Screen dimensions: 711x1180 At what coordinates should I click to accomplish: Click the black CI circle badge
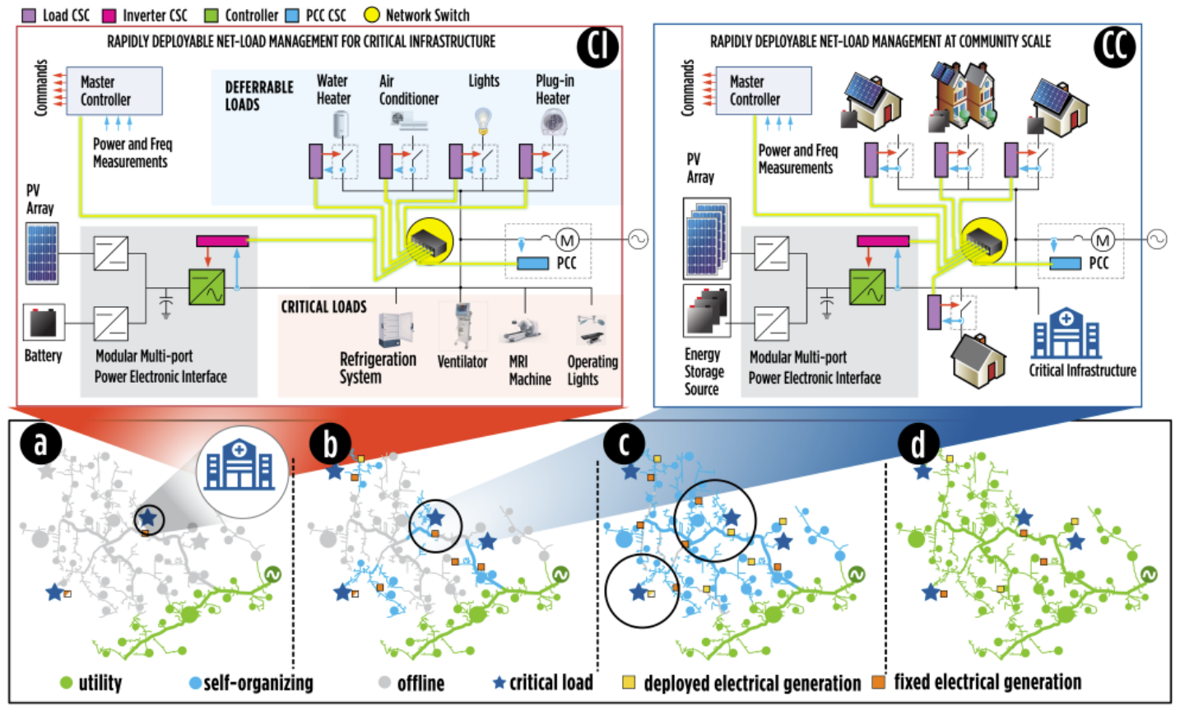[597, 48]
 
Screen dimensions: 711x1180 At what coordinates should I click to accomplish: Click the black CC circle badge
[1115, 48]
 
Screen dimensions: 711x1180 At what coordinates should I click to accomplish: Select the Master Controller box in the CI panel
[114, 91]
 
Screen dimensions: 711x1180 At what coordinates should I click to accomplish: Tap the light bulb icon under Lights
[484, 121]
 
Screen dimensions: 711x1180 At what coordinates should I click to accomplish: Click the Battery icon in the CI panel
[44, 324]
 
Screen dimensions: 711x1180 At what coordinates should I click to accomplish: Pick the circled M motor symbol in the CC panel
[1103, 240]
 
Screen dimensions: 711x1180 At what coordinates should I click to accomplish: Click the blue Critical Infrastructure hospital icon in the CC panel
[1066, 332]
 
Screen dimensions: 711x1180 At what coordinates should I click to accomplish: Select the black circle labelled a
[41, 444]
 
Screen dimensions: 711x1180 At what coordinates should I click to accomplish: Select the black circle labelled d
[918, 444]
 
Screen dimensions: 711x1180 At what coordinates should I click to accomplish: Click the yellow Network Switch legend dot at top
[372, 15]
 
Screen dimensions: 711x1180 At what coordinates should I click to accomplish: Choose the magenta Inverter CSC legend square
[109, 15]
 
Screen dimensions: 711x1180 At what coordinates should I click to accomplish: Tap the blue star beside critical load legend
[499, 683]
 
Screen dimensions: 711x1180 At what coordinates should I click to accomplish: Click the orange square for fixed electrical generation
[879, 682]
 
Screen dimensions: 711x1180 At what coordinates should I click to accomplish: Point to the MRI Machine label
[529, 370]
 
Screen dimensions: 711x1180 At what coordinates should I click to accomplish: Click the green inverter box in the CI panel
[207, 287]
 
